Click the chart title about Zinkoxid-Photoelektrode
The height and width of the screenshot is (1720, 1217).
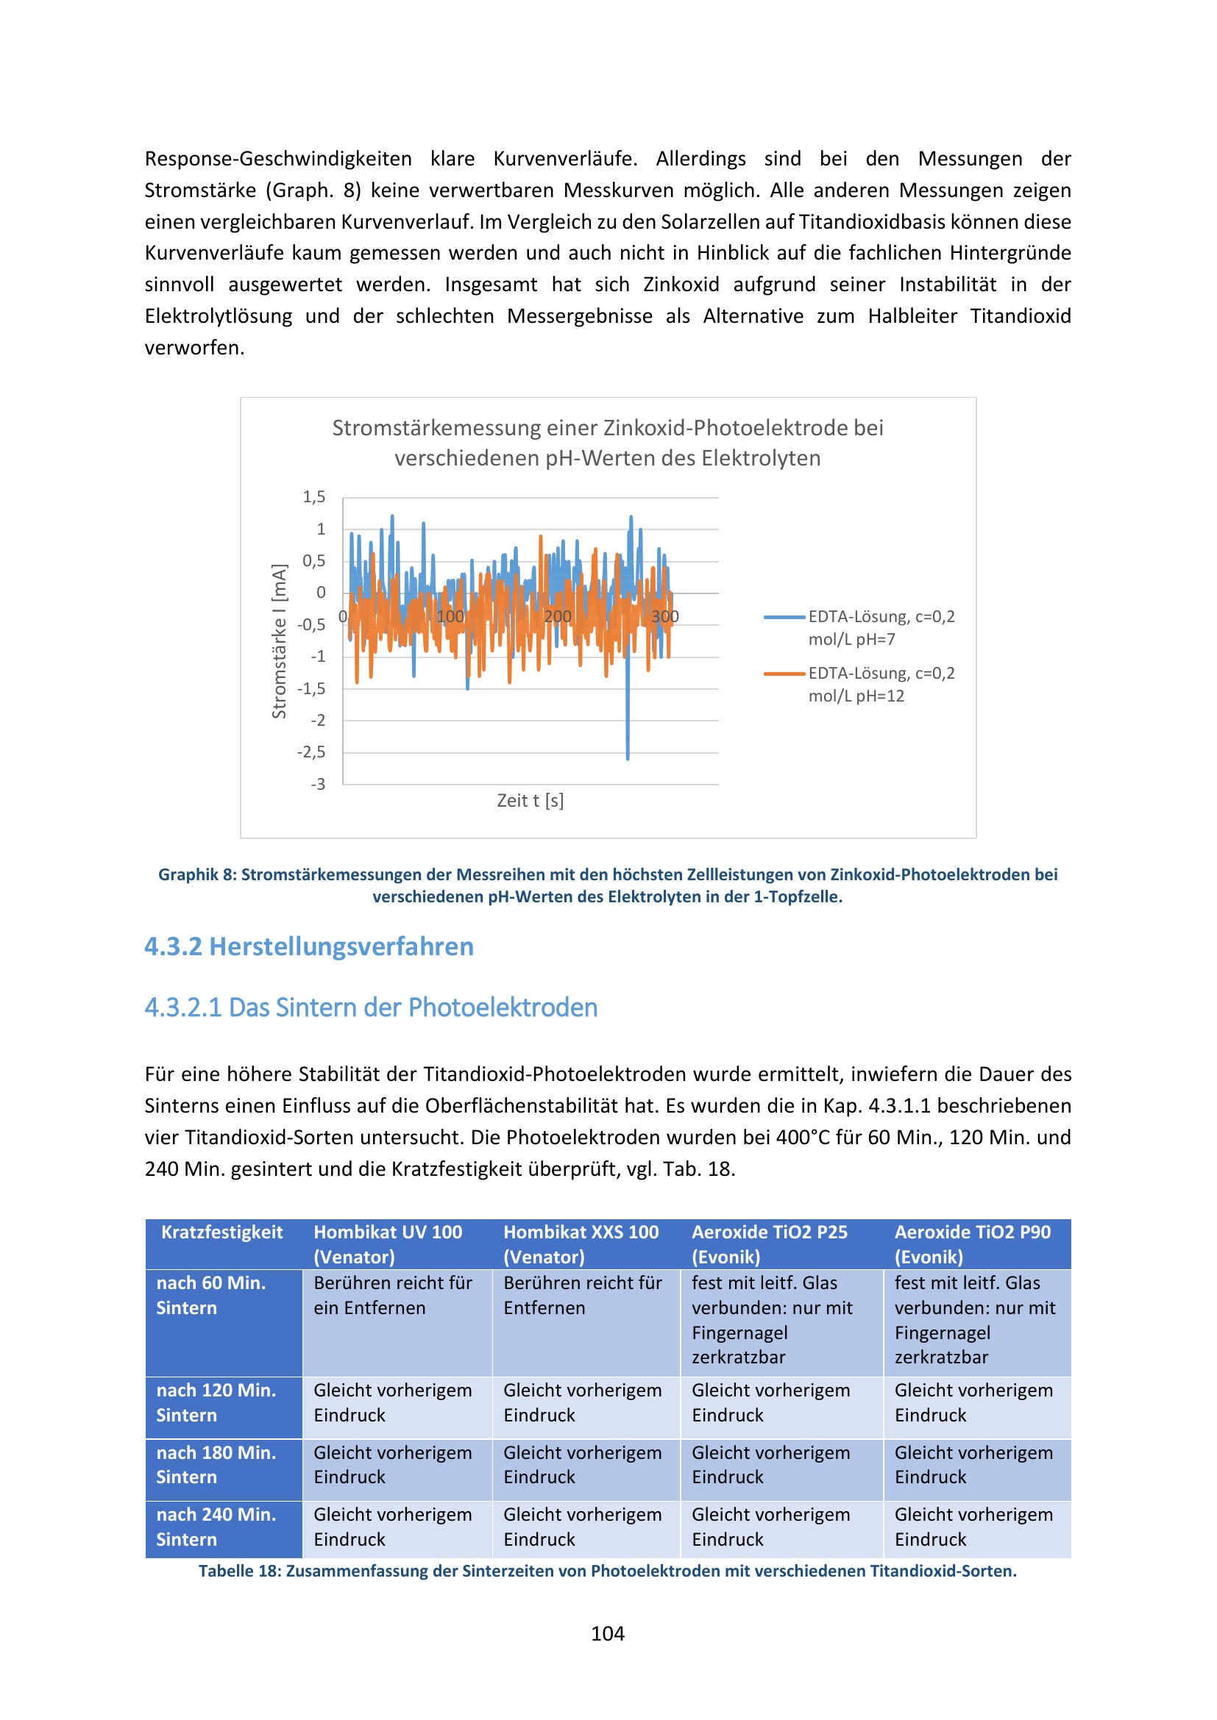607,443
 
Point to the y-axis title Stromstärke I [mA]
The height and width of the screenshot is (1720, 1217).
279,641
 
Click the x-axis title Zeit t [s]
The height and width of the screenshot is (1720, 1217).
530,801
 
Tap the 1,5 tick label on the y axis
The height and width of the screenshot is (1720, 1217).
314,497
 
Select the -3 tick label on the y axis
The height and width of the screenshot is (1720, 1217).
319,785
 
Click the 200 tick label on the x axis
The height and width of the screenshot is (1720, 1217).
557,616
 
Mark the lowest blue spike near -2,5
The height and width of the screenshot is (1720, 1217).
627,757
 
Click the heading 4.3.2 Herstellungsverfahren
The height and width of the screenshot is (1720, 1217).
309,947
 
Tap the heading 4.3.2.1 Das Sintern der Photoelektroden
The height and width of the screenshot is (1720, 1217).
371,1007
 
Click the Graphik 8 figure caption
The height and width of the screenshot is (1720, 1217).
607,885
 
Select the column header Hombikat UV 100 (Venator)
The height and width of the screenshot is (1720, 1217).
388,1244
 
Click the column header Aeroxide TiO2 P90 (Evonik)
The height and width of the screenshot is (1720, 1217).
972,1244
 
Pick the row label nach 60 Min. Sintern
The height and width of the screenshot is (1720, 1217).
210,1295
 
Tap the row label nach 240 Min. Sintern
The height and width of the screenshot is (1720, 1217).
216,1527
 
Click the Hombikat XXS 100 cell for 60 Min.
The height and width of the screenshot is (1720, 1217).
582,1295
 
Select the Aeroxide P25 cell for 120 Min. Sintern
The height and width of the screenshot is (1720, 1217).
770,1402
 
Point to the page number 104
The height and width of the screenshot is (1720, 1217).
607,1634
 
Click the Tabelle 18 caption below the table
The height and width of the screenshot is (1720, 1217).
607,1571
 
